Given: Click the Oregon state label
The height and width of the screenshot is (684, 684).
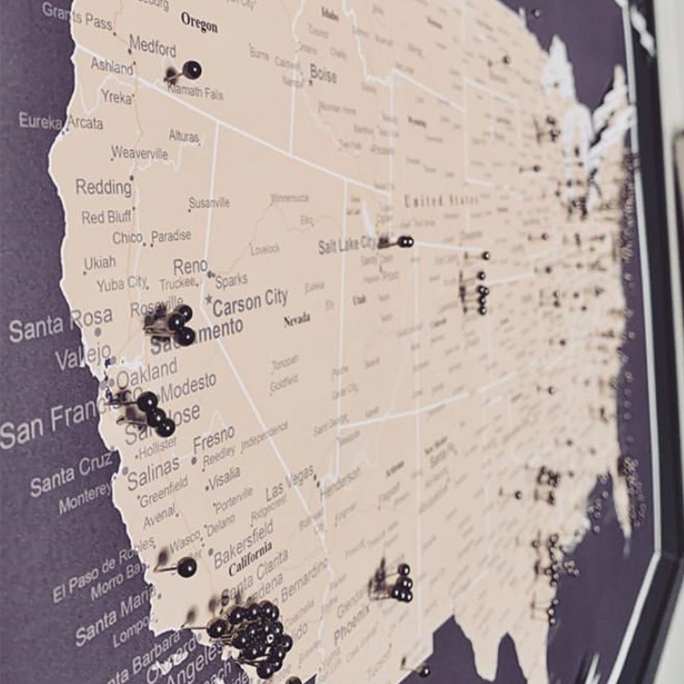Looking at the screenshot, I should [199, 22].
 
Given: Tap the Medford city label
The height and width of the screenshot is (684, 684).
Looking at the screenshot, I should [153, 46].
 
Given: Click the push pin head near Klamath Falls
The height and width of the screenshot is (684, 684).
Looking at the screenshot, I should [191, 70].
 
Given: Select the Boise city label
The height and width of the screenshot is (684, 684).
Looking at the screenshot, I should [323, 74].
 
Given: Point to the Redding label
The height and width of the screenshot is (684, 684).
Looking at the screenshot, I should [103, 187].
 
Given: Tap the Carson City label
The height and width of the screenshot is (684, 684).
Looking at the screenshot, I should [250, 303].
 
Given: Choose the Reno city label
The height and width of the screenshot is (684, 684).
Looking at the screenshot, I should [190, 267].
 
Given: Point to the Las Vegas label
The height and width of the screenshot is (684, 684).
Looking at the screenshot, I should [289, 483].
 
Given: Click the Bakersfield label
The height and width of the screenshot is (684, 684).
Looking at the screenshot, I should [243, 545].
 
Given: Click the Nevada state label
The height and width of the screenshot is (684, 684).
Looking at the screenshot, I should [296, 320].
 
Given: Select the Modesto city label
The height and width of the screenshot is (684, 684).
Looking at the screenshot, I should [189, 384].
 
